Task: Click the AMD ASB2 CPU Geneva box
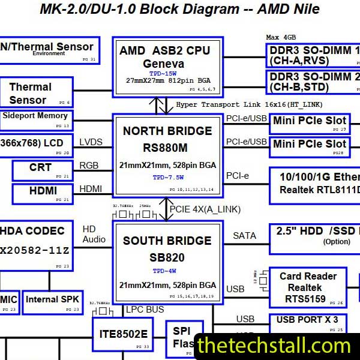167,66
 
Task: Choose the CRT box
42,170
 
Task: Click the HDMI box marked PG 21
42,193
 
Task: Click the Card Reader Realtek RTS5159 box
307,287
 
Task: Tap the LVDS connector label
91,142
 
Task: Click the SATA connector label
244,236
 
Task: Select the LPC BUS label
145,310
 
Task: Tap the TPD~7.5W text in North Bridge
167,178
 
